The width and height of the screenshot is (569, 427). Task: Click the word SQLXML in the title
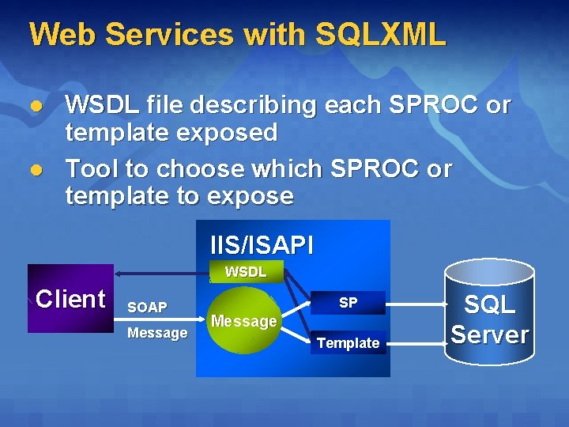380,34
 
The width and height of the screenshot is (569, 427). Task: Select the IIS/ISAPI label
262,245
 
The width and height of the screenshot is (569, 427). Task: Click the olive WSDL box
246,272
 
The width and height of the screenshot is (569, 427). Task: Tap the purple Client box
70,299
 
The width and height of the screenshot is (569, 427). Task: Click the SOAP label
147,307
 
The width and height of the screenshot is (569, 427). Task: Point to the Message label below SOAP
157,333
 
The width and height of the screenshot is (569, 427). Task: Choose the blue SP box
348,303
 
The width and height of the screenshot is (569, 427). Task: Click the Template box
348,342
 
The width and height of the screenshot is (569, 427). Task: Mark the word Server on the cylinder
489,334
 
